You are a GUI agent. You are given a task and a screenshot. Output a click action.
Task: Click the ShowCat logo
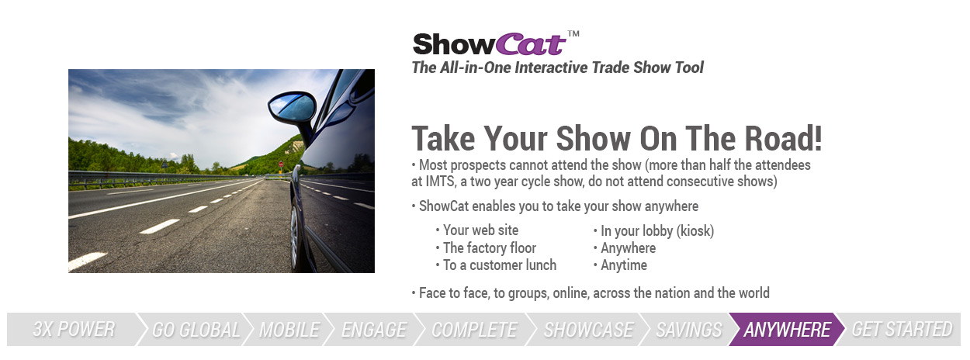pos(490,44)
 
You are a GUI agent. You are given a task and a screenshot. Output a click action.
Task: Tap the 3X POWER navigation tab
pos(74,329)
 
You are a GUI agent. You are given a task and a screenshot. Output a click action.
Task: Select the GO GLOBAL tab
pos(196,329)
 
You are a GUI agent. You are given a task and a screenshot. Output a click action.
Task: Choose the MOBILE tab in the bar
pos(289,329)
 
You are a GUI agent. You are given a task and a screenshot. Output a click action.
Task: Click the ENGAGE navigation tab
pos(374,329)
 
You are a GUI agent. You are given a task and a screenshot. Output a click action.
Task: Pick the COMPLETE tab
pos(474,329)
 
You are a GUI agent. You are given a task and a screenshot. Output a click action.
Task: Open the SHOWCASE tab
pos(588,329)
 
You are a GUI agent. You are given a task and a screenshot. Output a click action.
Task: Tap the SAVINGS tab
pos(689,329)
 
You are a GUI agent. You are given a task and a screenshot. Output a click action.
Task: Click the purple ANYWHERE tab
pos(787,329)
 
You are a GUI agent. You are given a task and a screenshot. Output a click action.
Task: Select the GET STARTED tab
pos(902,329)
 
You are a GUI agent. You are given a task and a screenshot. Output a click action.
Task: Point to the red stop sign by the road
pos(281,164)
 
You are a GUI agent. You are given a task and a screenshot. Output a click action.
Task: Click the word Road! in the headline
pos(783,139)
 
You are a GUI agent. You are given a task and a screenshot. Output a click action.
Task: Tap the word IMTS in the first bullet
pos(439,181)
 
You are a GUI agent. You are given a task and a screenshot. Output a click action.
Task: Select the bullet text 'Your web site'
pos(480,230)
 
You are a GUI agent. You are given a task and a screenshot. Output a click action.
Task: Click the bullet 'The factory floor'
pos(490,247)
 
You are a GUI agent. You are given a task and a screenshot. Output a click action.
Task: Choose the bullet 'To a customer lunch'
pos(500,265)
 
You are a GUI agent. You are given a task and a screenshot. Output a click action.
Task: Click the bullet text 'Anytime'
pos(624,265)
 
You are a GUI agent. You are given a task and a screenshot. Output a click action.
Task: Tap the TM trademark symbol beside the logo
pos(573,34)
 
